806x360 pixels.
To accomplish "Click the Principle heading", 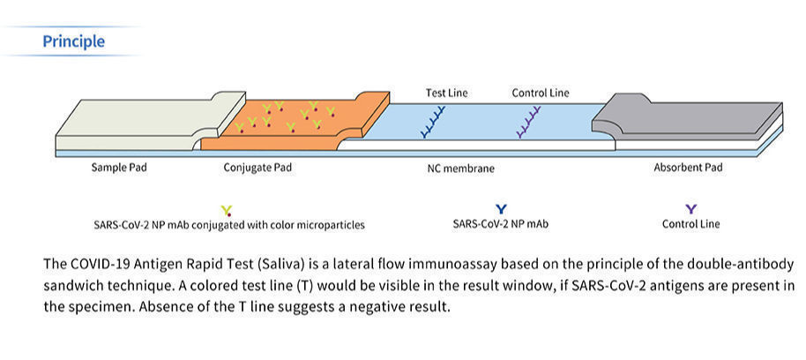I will [73, 41].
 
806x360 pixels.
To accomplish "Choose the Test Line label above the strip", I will [446, 93].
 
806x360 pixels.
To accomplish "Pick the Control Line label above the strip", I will [541, 93].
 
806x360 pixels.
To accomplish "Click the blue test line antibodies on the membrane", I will [433, 123].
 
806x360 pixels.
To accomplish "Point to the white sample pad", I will [132, 124].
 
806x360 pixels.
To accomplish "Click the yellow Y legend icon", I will [227, 210].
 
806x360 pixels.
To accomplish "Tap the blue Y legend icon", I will [501, 209].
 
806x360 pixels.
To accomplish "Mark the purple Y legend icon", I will [691, 209].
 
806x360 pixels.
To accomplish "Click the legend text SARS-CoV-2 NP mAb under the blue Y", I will [500, 224].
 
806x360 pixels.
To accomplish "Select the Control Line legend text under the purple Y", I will [690, 224].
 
